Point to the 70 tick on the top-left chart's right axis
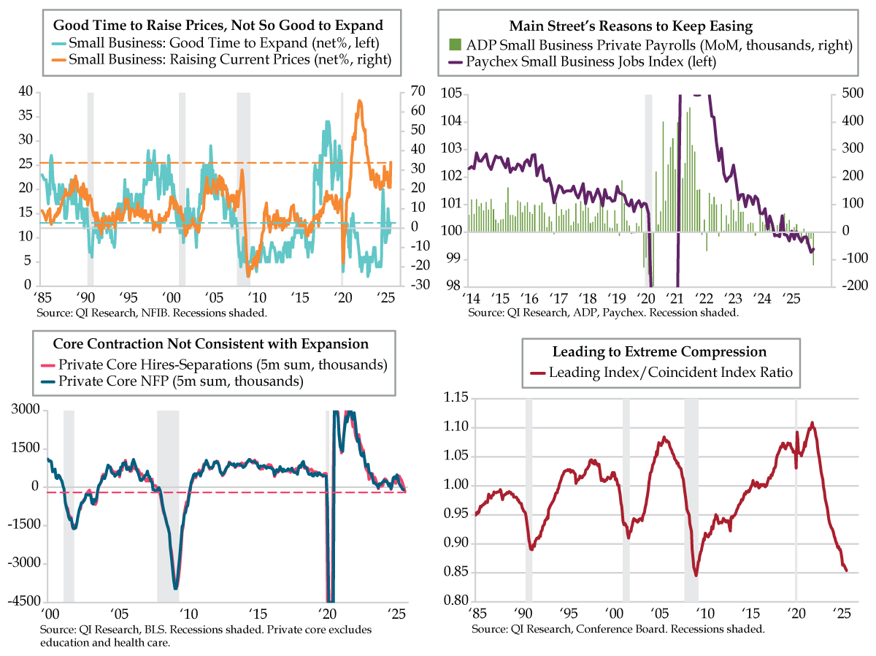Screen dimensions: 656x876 coord(418,91)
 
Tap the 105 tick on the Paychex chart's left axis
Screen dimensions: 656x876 coord(451,94)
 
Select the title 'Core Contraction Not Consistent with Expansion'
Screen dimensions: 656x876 coord(211,343)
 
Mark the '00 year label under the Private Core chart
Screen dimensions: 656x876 coord(50,614)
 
